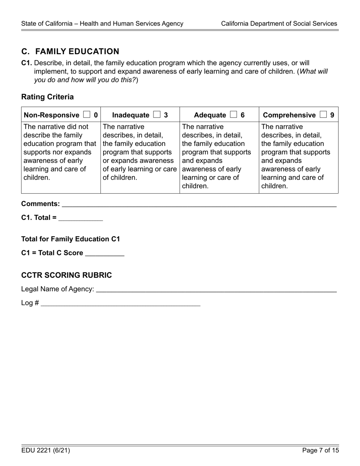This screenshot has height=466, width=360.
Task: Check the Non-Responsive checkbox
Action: [86, 115]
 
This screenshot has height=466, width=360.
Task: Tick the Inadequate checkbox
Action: [157, 115]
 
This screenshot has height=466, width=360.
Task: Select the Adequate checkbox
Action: [233, 115]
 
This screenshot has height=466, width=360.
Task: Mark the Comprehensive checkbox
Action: [323, 115]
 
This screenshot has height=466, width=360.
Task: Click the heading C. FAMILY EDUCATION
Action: [70, 52]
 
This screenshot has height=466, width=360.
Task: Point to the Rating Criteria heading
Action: [47, 97]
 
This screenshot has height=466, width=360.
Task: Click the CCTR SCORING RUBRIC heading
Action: [66, 275]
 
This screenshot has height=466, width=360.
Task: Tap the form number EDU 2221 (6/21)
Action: [45, 450]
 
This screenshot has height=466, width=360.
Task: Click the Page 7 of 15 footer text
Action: [321, 450]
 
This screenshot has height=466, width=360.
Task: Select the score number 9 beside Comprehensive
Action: [332, 115]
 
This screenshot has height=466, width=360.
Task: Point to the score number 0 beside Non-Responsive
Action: [95, 115]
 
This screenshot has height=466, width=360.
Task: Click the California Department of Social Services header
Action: [279, 23]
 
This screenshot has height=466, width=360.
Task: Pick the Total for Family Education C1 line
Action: [70, 239]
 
